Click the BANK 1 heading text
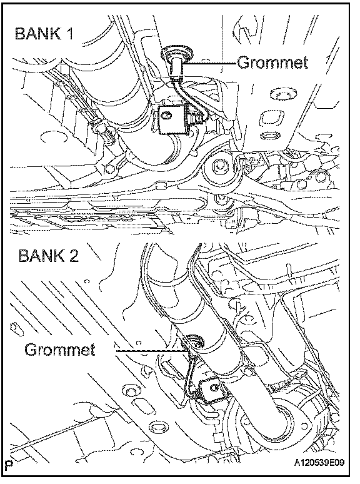[x=44, y=33]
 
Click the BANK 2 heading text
[x=48, y=256]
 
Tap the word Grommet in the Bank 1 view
[x=272, y=62]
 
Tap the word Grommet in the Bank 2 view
[x=60, y=350]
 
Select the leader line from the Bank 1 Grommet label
[x=211, y=63]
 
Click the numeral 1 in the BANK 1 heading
[x=70, y=33]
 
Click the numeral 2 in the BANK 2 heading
[x=73, y=256]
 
